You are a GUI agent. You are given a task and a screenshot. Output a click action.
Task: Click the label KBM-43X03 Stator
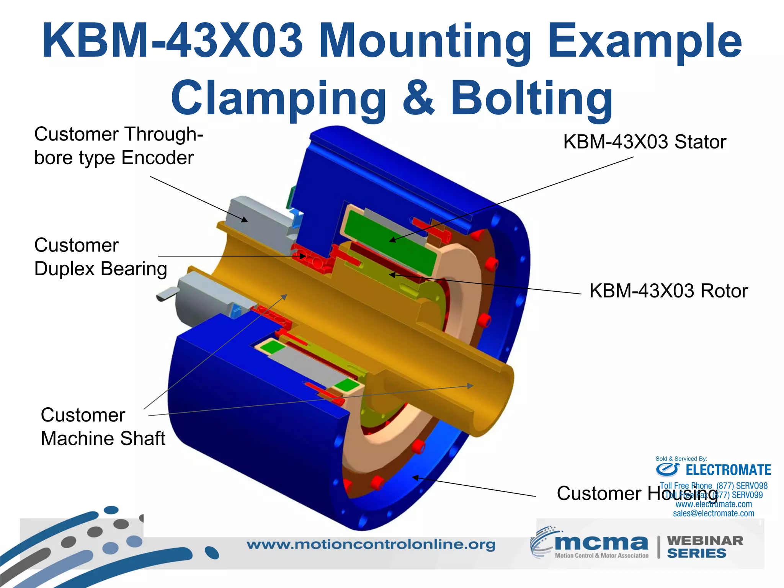coord(644,142)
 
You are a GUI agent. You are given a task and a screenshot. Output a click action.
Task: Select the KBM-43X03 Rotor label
coord(668,291)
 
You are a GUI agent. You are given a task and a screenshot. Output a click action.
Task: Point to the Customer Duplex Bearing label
coord(100,257)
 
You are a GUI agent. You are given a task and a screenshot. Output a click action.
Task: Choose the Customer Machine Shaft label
coord(103,427)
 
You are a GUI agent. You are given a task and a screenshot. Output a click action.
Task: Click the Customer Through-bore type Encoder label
coord(118,146)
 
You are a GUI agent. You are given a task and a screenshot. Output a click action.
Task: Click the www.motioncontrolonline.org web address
coord(371,544)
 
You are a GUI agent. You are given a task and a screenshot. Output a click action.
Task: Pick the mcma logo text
coord(601,542)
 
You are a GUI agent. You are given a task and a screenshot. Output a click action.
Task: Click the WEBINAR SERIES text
coord(704,547)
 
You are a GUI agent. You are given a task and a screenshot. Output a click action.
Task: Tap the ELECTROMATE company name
coord(728,470)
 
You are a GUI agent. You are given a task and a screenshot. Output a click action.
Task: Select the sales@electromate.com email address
coord(713,513)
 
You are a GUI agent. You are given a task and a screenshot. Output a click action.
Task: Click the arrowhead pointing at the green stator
coord(392,240)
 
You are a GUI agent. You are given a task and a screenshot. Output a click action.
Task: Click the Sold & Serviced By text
coord(681,459)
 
